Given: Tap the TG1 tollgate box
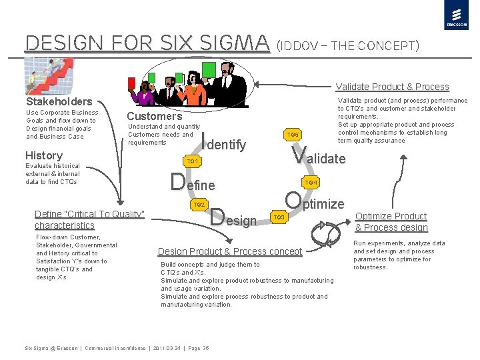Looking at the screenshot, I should (193, 161).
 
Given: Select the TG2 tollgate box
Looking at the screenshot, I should (198, 204).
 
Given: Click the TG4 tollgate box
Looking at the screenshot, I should (311, 182).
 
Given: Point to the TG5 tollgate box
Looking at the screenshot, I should (293, 135).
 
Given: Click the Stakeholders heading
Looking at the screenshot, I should (59, 102).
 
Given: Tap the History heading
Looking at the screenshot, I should (43, 155).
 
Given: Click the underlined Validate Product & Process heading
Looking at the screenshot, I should (392, 87).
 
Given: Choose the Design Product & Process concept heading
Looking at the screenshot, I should (230, 251).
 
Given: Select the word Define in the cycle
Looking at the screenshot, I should (193, 183).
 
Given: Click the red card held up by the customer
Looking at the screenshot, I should (131, 83).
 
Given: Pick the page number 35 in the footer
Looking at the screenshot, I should (205, 348).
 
